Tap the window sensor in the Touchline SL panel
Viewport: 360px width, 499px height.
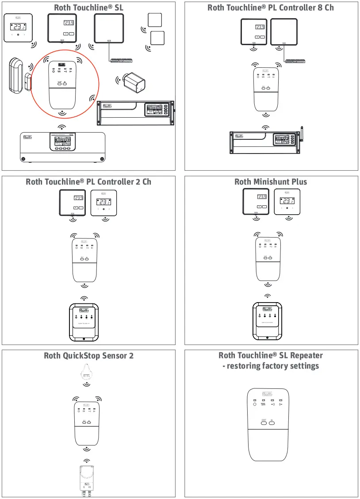(x=18, y=75)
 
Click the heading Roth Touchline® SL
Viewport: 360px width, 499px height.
(x=88, y=8)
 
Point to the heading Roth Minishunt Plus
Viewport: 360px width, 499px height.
(x=270, y=182)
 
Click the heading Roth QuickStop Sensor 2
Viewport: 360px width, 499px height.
(x=88, y=356)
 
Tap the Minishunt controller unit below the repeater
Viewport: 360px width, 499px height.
(x=267, y=321)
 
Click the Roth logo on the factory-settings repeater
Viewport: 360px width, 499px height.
(x=267, y=394)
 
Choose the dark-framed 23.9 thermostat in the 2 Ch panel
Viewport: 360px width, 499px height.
(x=73, y=202)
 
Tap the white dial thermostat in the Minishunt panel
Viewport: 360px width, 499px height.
(x=287, y=202)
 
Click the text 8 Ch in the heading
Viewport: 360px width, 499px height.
(x=325, y=8)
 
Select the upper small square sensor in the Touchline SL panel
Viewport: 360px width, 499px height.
(x=155, y=20)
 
